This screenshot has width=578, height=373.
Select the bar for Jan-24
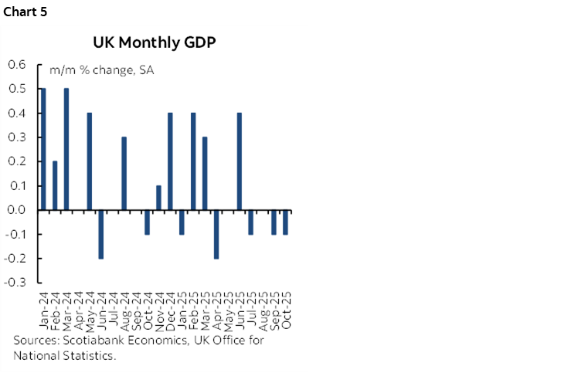43,149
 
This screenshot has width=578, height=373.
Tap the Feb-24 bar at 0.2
55,185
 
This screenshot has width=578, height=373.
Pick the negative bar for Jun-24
100,234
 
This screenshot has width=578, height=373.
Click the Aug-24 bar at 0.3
124,173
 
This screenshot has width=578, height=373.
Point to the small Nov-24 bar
158,198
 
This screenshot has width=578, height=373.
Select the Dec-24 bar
170,161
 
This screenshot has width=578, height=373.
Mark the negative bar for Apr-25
216,234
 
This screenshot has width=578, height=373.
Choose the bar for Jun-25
239,161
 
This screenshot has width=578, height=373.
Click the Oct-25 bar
285,222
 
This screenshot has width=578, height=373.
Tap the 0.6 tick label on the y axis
15,65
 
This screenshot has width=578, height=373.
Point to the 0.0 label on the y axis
15,210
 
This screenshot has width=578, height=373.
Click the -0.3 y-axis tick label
14,283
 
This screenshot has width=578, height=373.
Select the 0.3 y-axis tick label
15,137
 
